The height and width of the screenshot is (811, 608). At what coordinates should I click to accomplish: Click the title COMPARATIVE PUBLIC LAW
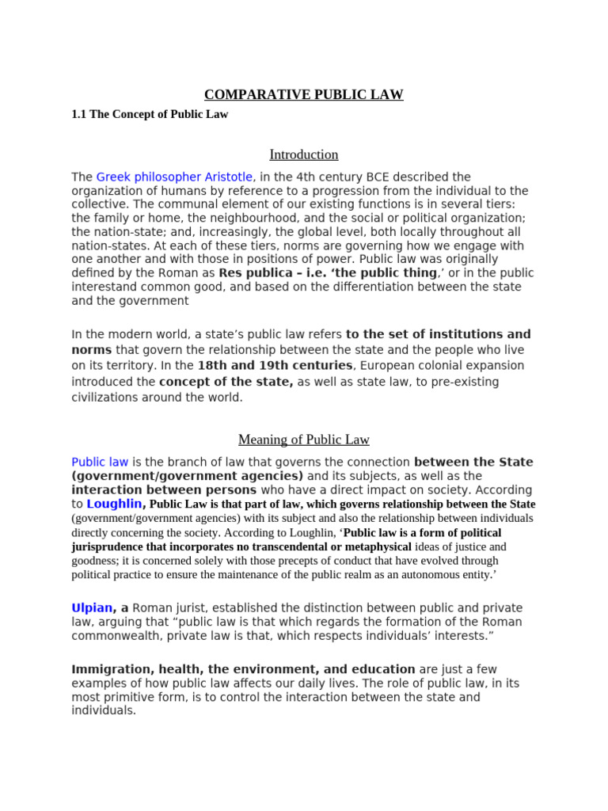point(303,95)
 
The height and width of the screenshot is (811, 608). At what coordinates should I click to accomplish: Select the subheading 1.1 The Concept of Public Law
point(150,115)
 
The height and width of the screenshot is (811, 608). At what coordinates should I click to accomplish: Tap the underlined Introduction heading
point(303,154)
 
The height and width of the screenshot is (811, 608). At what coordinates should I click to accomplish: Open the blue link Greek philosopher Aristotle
point(174,177)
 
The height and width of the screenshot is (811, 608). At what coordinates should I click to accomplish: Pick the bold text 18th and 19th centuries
point(275,365)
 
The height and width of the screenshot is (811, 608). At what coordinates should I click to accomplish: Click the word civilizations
point(105,398)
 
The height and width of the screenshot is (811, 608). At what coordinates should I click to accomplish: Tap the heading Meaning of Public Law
point(303,440)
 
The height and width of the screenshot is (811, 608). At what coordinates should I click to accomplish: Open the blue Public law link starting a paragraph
point(100,462)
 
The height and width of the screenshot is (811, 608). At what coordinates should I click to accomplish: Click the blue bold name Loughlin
point(114,503)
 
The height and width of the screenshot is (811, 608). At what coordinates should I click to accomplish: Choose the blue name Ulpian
point(92,607)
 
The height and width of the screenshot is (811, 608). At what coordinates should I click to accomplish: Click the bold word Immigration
point(107,669)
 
